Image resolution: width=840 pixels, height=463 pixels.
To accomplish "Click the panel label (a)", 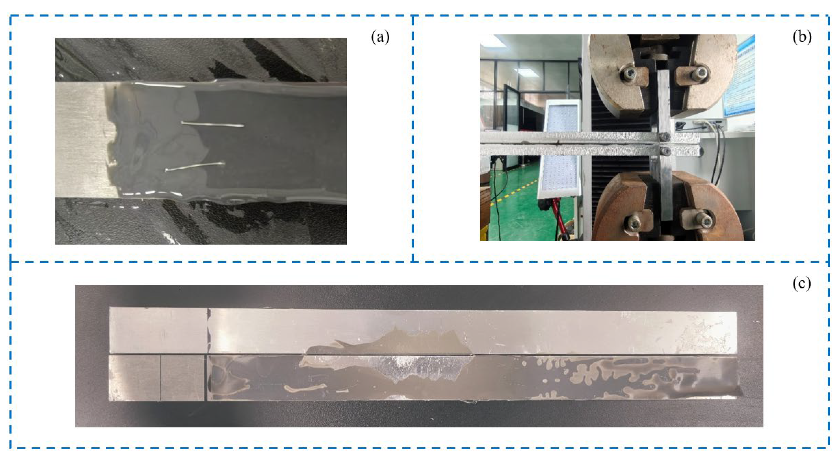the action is click(x=380, y=38).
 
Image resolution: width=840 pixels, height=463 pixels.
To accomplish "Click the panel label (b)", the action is click(x=802, y=38).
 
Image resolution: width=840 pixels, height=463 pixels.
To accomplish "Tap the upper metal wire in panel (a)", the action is click(x=213, y=124).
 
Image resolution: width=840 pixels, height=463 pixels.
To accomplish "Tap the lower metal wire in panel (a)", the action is click(x=195, y=167).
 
